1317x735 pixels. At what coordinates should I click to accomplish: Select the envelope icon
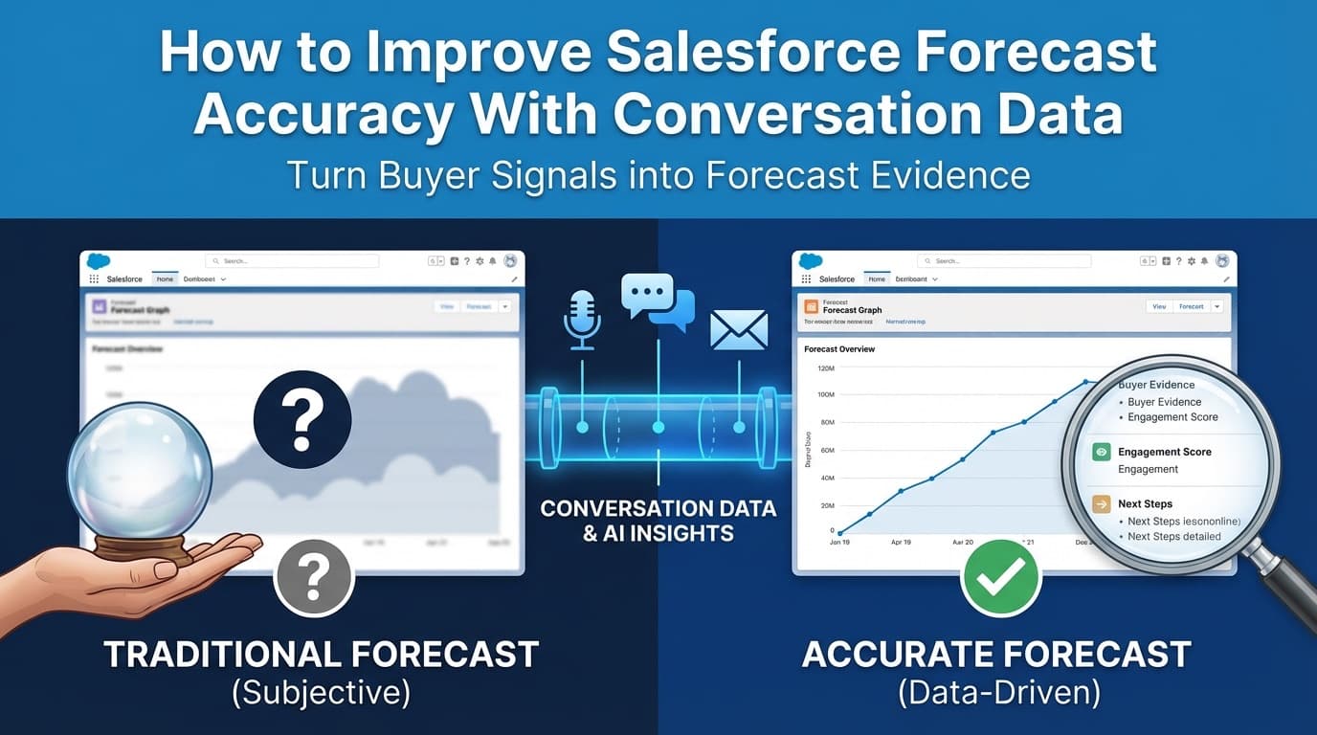pyautogui.click(x=738, y=329)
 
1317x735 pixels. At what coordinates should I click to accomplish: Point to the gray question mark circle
pyautogui.click(x=314, y=575)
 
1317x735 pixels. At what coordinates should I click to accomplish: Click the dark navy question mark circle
pyautogui.click(x=302, y=419)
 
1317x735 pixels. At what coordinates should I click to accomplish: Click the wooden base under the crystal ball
pyautogui.click(x=141, y=546)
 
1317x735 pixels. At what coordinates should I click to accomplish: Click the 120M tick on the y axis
pyautogui.click(x=827, y=368)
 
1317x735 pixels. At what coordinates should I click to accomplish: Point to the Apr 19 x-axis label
pyautogui.click(x=901, y=542)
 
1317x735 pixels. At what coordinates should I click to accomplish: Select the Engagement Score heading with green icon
pyautogui.click(x=1164, y=452)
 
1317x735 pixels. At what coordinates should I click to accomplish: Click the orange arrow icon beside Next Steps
pyautogui.click(x=1102, y=504)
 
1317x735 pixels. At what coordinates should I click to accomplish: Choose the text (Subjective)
pyautogui.click(x=321, y=693)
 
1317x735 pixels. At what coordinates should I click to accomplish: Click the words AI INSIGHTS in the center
pyautogui.click(x=658, y=533)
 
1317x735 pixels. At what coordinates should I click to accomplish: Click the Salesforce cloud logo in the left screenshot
pyautogui.click(x=99, y=260)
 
